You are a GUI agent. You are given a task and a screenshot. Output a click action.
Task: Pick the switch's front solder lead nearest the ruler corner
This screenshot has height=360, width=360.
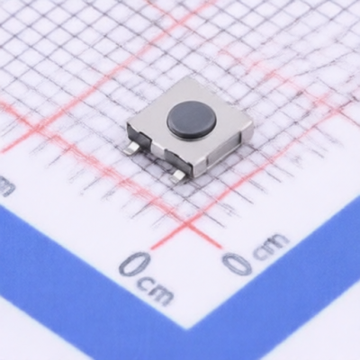click(178, 176)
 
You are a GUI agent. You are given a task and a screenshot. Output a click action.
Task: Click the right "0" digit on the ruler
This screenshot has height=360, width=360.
click(238, 263)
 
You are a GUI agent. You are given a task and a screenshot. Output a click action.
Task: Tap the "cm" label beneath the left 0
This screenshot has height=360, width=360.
click(156, 292)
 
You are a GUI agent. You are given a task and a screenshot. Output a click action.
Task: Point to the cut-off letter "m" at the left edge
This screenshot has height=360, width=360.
click(6, 187)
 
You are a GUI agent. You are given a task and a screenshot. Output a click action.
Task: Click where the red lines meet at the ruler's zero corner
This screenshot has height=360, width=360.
click(187, 224)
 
